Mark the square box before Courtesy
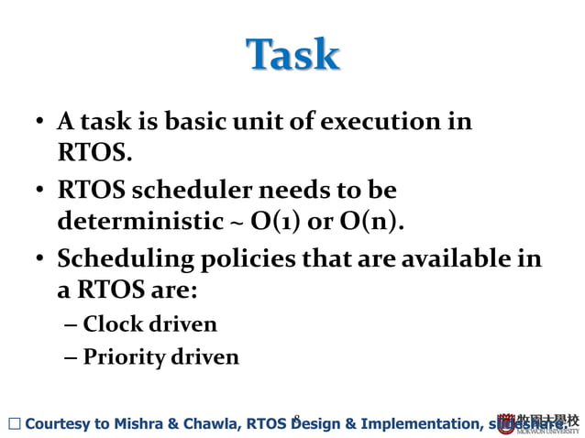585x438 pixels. [x=12, y=423]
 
